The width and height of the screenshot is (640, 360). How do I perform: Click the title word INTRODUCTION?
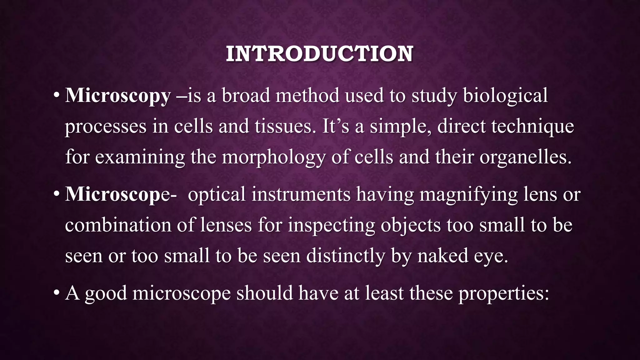coord(319,54)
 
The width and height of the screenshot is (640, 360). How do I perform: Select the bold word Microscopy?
coord(118,96)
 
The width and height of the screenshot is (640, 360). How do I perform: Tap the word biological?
coord(505,96)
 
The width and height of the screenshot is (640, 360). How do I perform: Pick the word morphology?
coord(274,157)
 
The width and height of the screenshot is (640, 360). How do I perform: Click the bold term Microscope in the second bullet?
coord(117,194)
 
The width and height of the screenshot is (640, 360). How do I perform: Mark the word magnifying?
coord(468,194)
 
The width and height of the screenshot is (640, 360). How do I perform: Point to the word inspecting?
coord(331,225)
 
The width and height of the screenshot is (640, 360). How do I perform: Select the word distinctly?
coord(346,256)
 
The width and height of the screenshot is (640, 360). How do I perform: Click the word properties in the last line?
coord(503,293)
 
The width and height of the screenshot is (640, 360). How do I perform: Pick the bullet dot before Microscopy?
coord(56,95)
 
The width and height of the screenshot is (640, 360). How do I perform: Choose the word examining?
coord(140,157)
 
